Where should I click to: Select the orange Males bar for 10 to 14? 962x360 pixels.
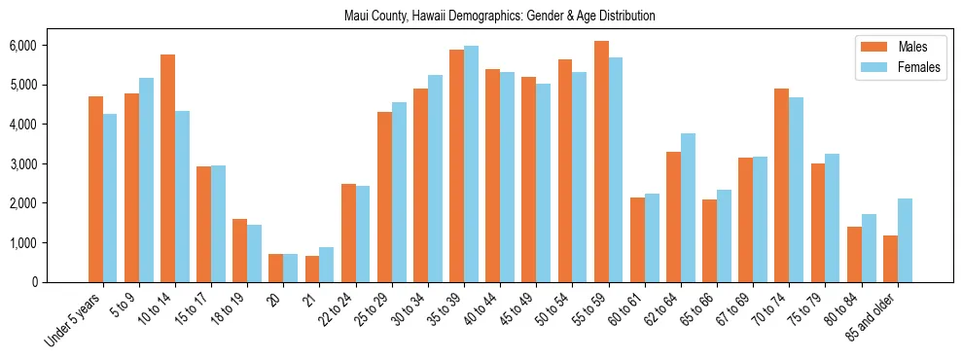[167, 168]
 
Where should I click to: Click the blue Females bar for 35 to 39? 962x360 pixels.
[471, 163]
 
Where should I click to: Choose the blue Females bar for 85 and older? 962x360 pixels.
[905, 240]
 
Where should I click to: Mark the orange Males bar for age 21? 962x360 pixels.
[312, 270]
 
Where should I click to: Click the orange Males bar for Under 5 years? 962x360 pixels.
[95, 189]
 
